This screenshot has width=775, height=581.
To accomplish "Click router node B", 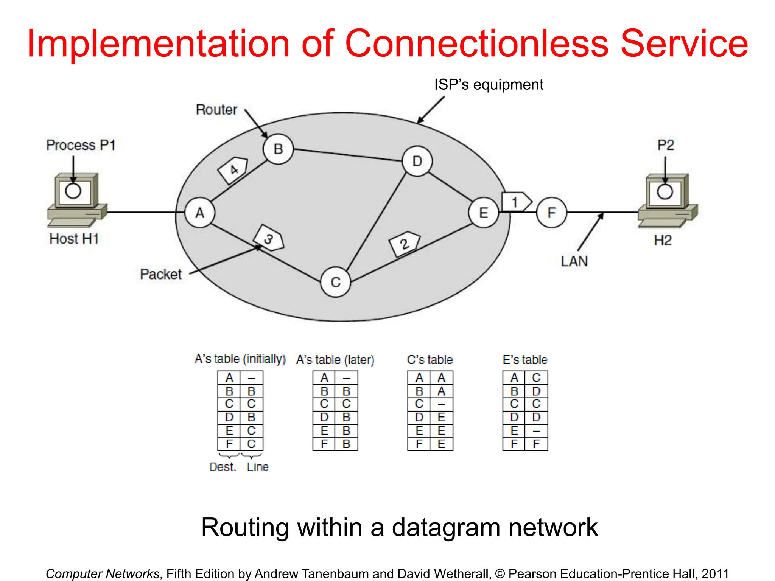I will click(278, 149).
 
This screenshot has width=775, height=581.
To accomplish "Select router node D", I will click(417, 162).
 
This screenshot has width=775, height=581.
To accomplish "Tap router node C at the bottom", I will click(335, 282).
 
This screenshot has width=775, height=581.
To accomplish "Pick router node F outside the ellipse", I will click(551, 213).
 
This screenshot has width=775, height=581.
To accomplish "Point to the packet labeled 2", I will click(405, 244).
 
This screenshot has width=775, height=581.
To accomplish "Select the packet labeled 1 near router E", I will click(516, 202).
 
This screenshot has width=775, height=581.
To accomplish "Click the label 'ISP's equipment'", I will click(488, 84).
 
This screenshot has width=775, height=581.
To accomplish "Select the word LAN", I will click(574, 261).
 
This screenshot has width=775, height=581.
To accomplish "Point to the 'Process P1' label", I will click(81, 145).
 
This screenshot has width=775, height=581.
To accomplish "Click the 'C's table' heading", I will click(430, 359).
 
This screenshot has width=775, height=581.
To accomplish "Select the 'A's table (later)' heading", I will click(335, 359).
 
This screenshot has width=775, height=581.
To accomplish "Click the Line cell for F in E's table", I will click(536, 444).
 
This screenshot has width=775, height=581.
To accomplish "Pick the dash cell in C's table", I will click(441, 404).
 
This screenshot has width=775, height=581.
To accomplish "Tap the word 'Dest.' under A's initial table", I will click(223, 467).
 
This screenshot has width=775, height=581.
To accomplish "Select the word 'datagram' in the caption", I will click(445, 527).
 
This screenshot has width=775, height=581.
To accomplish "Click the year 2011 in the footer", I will click(715, 573).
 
